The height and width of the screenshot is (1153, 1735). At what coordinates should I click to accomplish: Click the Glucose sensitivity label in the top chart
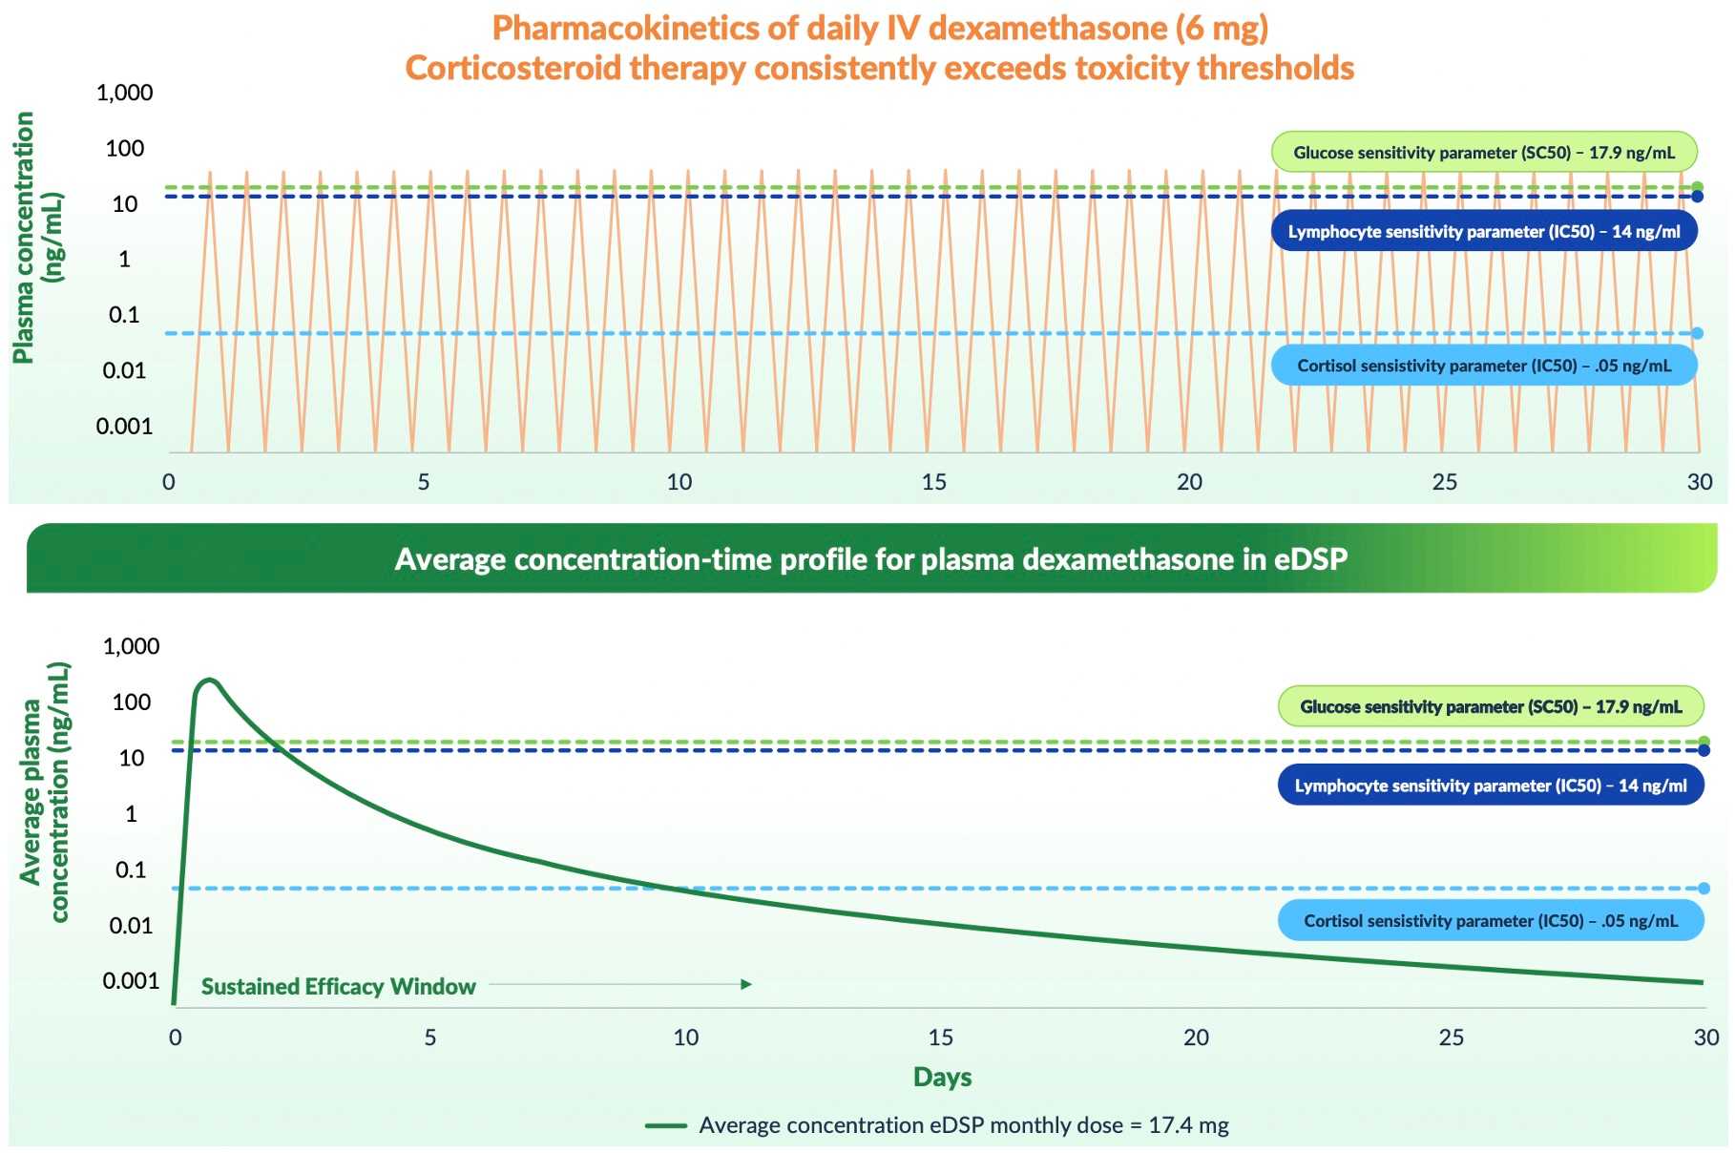click(1483, 153)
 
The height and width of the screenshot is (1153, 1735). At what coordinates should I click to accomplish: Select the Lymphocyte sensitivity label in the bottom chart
click(1490, 786)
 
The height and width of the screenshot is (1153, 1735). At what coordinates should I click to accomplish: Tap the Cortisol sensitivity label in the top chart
click(1483, 366)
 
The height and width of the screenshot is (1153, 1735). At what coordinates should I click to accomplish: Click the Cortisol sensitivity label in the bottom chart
click(1490, 921)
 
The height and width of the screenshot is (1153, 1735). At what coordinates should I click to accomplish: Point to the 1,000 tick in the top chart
click(124, 93)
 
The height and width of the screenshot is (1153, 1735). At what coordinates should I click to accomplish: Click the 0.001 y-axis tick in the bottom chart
click(131, 981)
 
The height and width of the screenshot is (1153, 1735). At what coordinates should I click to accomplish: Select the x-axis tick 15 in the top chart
click(933, 482)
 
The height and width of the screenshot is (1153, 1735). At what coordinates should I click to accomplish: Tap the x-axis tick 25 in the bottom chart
click(1451, 1038)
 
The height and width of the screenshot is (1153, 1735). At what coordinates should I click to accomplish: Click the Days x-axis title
click(942, 1077)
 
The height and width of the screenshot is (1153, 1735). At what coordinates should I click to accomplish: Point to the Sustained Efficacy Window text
click(338, 987)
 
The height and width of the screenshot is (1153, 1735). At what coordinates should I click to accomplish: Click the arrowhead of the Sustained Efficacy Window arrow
click(747, 984)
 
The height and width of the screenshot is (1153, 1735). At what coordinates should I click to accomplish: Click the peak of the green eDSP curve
click(209, 681)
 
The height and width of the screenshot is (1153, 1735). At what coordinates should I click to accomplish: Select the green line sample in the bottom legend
click(666, 1125)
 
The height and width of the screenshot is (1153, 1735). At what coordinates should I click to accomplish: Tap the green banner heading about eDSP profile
click(870, 559)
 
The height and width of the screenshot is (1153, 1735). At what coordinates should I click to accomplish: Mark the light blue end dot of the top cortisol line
click(1697, 333)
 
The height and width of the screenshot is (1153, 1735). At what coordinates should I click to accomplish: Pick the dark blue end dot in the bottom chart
click(1704, 750)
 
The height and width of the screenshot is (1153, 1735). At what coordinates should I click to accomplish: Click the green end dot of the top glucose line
click(1697, 187)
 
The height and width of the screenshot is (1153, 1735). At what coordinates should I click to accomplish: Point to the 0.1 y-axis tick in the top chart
click(124, 315)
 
